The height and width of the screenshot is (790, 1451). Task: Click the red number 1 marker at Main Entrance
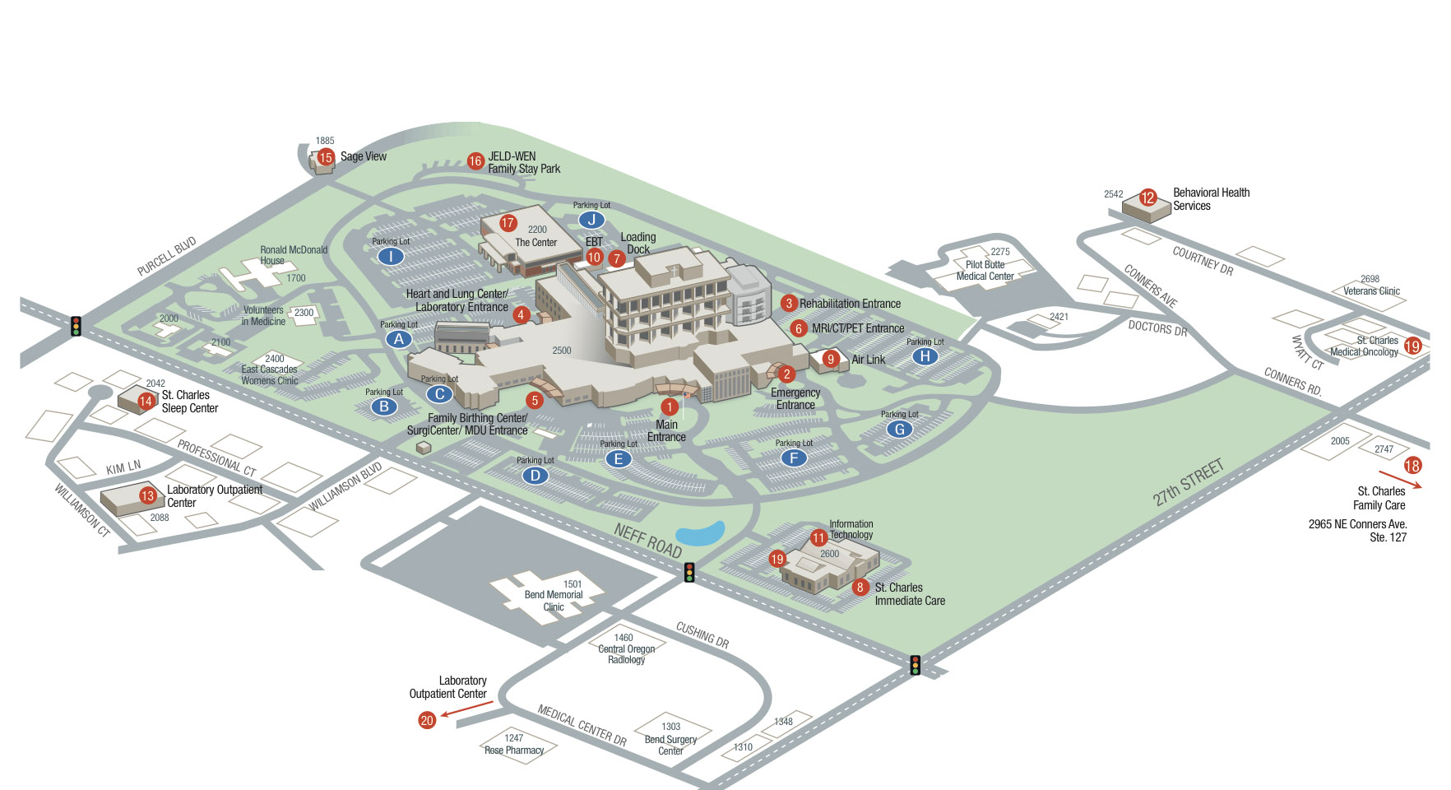coord(670,407)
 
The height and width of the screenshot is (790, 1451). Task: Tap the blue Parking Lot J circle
coord(591,220)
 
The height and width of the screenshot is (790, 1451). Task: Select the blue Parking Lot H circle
coord(925,356)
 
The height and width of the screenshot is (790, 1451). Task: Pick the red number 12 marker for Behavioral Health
coord(1147,197)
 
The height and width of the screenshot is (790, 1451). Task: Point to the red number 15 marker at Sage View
coord(326,157)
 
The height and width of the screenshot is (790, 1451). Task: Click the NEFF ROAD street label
coord(648,540)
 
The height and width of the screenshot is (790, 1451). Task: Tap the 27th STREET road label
coord(1188,482)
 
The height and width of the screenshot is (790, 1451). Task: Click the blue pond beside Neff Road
coord(700,534)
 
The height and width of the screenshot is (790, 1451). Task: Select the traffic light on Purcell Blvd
coord(76,326)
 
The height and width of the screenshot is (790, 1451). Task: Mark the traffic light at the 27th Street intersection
coord(915,665)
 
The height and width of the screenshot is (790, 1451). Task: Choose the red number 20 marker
coord(427,720)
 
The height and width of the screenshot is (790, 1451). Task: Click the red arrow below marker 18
coord(1399,480)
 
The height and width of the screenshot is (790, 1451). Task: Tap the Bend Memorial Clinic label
coord(554,600)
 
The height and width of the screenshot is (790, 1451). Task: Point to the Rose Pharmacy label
coord(514,750)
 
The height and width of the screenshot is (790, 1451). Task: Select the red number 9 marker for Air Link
coord(831,359)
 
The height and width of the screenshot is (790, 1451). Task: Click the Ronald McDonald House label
coord(294,255)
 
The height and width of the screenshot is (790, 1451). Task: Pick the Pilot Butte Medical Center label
coord(985,270)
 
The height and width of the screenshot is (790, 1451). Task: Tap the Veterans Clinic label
coord(1371,290)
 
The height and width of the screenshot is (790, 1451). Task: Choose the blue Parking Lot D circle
coord(535,475)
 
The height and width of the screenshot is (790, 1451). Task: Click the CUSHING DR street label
coord(702,634)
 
